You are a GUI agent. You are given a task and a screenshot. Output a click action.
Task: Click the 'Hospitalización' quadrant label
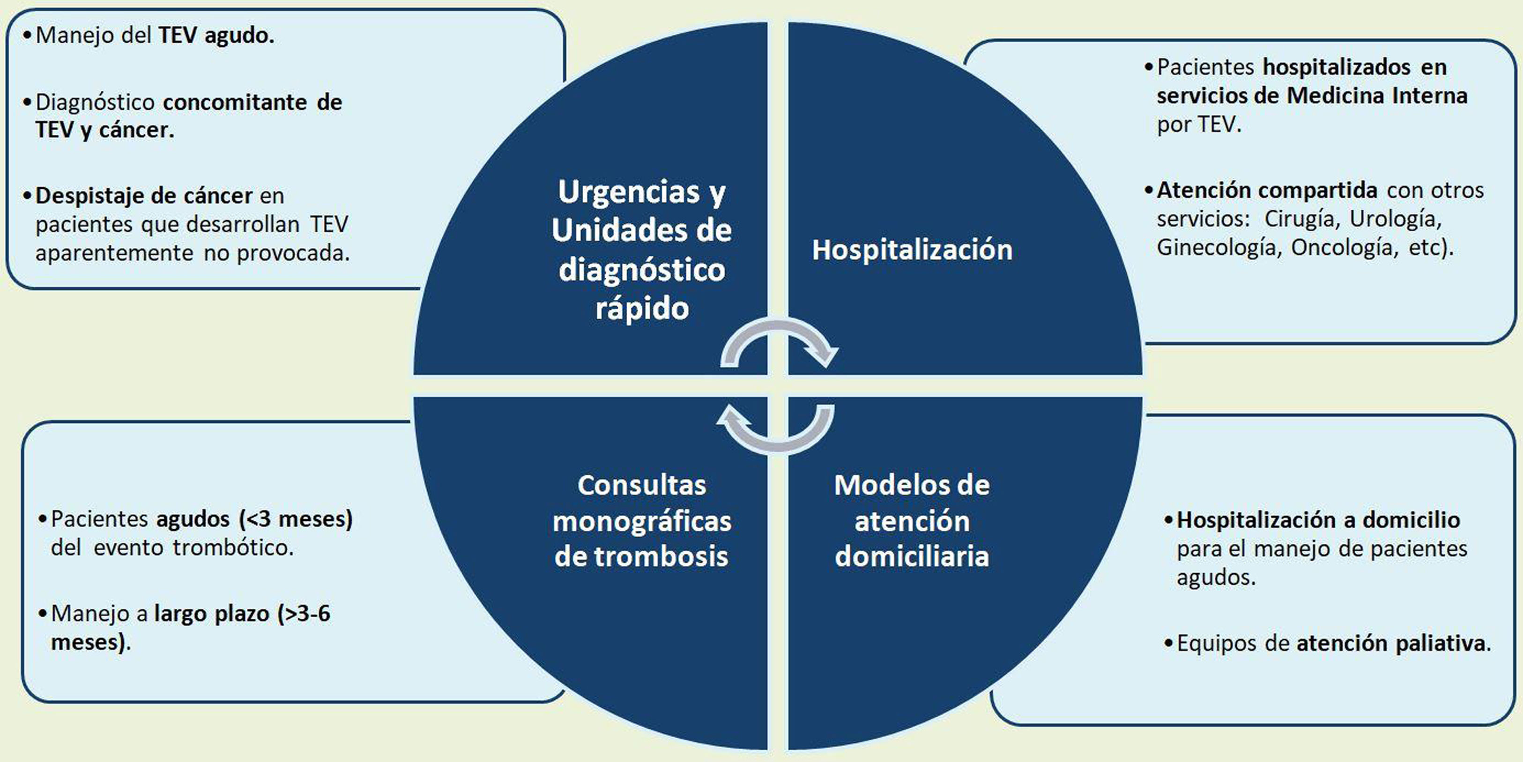[x=912, y=250]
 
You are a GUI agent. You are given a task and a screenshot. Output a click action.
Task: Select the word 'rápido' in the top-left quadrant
[x=642, y=308]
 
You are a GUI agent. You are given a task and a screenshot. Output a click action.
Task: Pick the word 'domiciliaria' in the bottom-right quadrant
[x=912, y=557]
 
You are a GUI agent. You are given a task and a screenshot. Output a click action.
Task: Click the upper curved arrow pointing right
[x=779, y=343]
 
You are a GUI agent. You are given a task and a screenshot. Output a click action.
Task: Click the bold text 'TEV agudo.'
[x=216, y=36]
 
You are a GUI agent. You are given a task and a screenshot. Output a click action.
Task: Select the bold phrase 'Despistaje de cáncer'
[x=144, y=196]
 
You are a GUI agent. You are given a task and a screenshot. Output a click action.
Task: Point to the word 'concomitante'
[x=235, y=102]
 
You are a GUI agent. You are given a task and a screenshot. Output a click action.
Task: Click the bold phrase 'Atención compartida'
[x=1267, y=190]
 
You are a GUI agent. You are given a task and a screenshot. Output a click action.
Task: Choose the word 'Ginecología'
[x=1218, y=247]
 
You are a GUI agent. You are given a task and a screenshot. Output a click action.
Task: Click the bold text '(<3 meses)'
[x=296, y=519]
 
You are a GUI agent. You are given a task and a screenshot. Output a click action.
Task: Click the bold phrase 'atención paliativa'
[x=1390, y=643]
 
